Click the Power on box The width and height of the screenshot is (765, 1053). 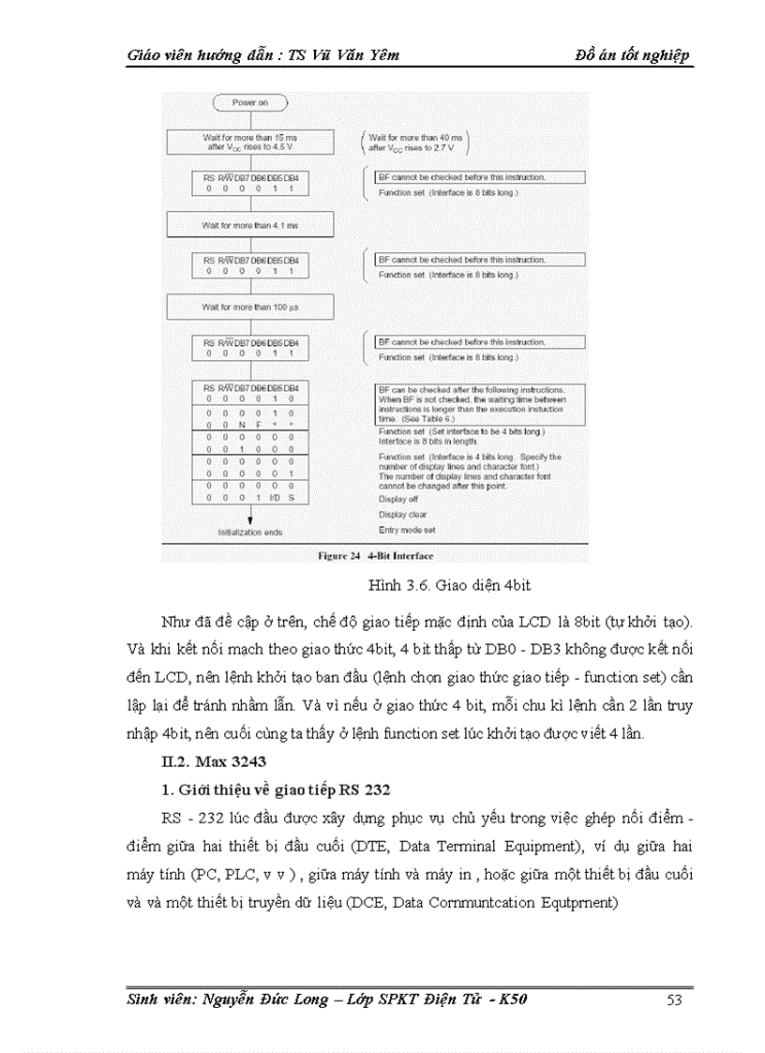[x=249, y=102]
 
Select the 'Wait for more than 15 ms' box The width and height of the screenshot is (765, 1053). [x=249, y=142]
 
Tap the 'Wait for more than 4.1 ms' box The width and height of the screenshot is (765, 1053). [x=249, y=226]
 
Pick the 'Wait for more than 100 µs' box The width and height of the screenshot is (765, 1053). [x=249, y=308]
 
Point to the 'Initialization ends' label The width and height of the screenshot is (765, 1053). [x=249, y=532]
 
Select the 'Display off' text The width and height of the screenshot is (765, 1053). [x=398, y=499]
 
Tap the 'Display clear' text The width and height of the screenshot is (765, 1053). [x=403, y=514]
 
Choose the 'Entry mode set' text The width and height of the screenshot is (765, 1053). [x=407, y=530]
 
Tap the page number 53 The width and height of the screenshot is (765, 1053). [x=673, y=1000]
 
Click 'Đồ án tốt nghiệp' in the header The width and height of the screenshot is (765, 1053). [x=633, y=54]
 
